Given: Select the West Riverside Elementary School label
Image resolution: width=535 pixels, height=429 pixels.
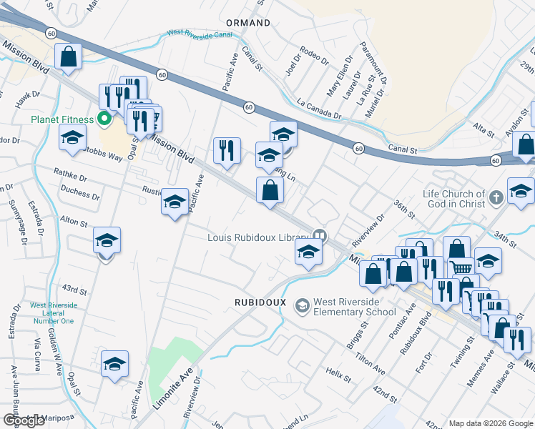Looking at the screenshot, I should point(355,307).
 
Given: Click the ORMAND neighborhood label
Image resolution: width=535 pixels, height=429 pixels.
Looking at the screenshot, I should point(248,23).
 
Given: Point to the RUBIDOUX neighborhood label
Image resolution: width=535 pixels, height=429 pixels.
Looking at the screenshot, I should point(260,302).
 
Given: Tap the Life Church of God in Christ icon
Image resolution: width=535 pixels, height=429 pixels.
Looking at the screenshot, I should point(497,199).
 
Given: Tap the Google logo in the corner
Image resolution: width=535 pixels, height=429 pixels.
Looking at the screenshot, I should point(24,420).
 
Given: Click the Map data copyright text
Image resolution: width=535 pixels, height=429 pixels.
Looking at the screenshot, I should point(489,423).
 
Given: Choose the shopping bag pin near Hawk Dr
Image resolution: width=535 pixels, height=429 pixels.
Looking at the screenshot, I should point(68,58).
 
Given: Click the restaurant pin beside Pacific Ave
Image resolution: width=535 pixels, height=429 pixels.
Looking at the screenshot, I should point(227,151).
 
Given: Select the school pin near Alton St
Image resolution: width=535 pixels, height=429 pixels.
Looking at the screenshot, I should point(107,241).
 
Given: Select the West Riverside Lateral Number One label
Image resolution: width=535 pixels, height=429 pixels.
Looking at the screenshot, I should point(51,313).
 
